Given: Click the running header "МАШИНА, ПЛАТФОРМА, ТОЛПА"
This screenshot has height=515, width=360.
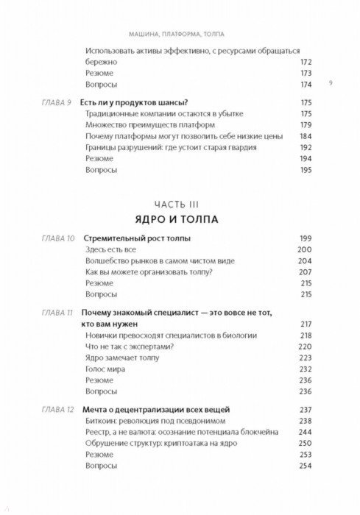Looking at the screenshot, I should tap(180, 32).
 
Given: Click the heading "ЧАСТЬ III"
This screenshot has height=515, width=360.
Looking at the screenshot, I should tap(180, 202).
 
